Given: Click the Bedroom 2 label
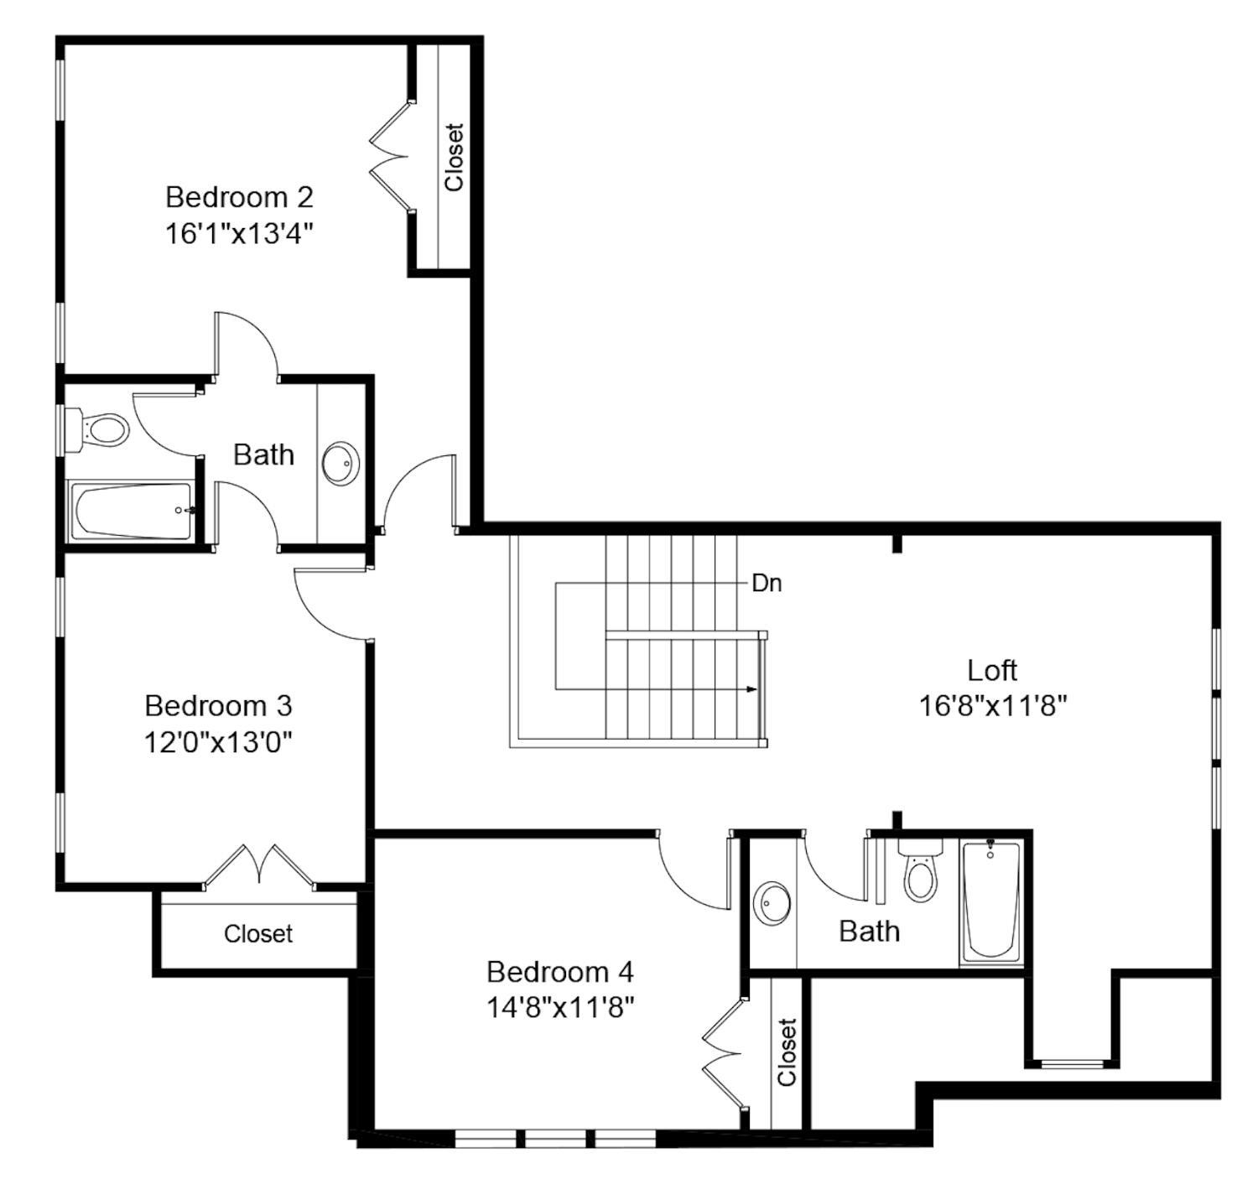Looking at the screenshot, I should pos(239,197).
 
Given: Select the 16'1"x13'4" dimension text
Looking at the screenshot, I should pos(239,233).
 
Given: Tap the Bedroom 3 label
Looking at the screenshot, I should pos(218,705).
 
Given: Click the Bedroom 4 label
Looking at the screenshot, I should pos(560,971).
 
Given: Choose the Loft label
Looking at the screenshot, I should pos(992,670).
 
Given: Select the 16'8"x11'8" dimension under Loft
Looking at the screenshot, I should pos(992,706).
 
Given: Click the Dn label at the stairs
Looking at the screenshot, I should pos(767,583).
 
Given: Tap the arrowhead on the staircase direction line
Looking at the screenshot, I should pos(752,689).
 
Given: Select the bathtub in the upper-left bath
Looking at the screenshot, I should pos(132,511).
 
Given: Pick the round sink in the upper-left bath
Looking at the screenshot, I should pos(340,463).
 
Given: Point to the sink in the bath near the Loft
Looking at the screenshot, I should pos(772,902).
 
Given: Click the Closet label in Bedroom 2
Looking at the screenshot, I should pos(454,158).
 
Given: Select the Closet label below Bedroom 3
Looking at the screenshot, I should pos(258,933).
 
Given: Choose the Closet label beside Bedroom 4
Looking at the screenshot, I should pos(787,1052).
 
